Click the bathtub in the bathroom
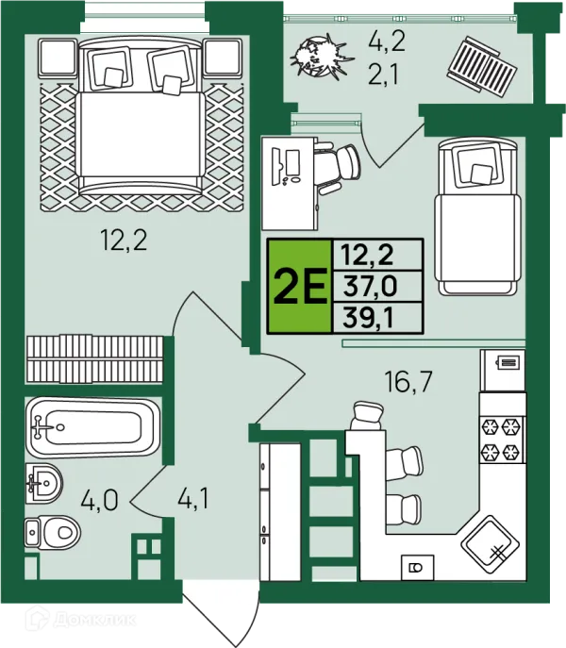click(92, 427)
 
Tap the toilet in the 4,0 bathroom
click(52, 532)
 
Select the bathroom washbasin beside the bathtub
click(43, 483)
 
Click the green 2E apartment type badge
click(300, 286)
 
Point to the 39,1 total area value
click(368, 318)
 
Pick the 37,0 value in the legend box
click(370, 287)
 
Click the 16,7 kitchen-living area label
click(408, 381)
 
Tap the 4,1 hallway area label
click(193, 498)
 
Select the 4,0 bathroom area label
click(99, 500)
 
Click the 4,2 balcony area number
click(387, 42)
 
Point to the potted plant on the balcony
click(322, 57)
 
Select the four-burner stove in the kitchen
click(502, 440)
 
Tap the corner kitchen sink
click(490, 545)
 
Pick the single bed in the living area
click(477, 217)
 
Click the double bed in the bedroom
click(141, 115)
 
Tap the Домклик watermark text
click(94, 619)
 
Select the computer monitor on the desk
click(293, 162)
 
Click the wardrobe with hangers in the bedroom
click(94, 359)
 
